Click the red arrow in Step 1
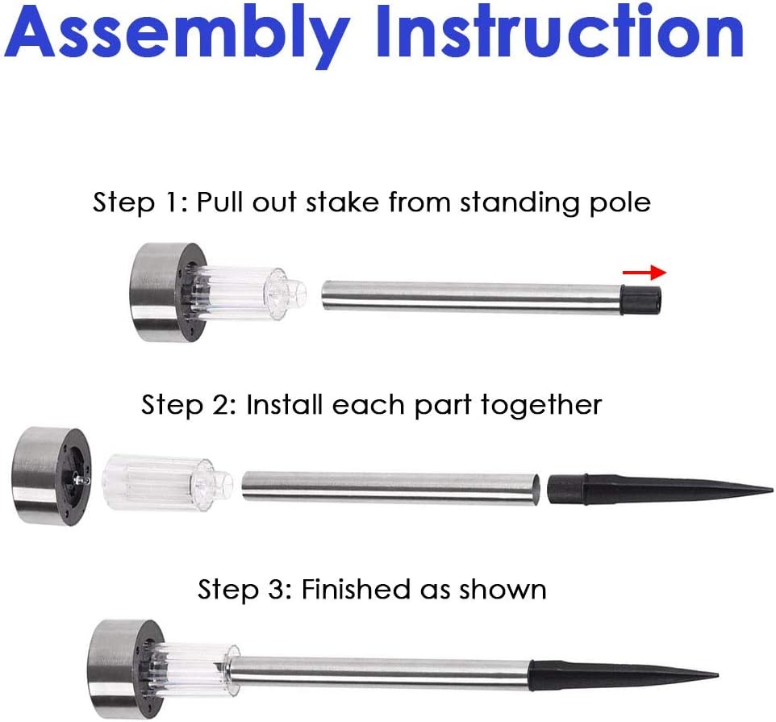(x=645, y=272)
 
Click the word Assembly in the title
(x=177, y=33)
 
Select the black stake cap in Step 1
(x=641, y=300)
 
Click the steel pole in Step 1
(x=472, y=297)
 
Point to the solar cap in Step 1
(x=169, y=292)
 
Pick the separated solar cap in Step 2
(x=51, y=476)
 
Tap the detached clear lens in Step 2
(x=167, y=482)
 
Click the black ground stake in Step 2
(x=660, y=490)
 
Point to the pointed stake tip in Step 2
(x=773, y=490)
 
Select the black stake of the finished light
(x=624, y=676)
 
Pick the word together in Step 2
(x=541, y=404)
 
